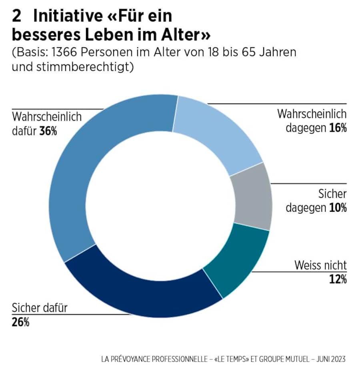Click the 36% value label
click(48, 131)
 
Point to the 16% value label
click(338, 128)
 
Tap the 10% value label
click(338, 208)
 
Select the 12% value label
click(338, 279)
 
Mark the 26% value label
click(20, 322)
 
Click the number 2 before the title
click(17, 16)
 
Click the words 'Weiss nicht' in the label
click(320, 265)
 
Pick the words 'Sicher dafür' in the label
click(40, 308)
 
